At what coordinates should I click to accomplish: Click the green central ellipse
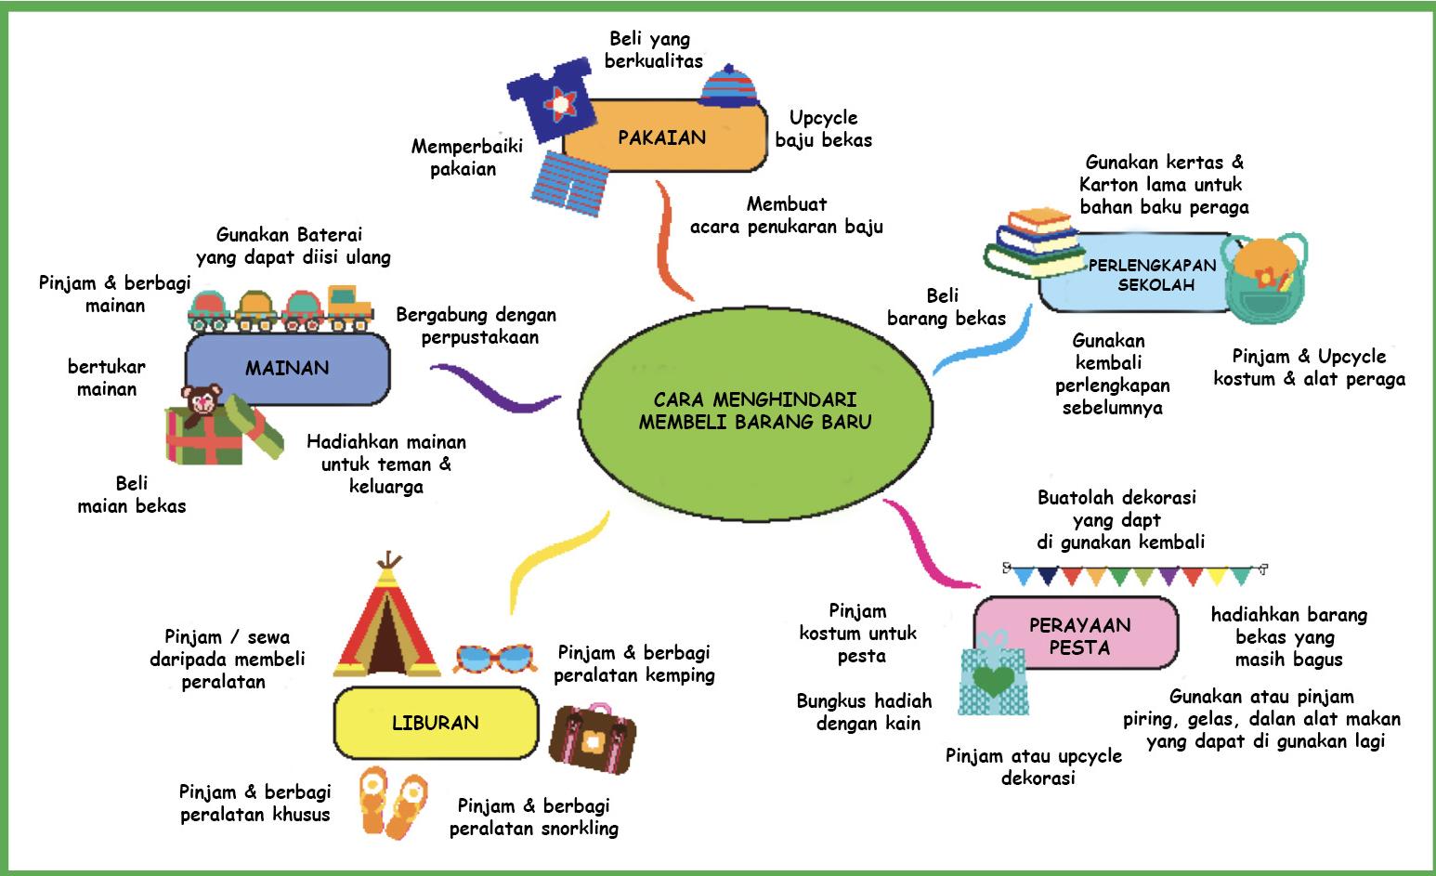[x=754, y=412]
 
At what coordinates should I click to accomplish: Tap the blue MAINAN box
[x=288, y=368]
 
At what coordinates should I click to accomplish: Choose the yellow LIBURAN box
[x=435, y=723]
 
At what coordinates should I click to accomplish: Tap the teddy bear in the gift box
[x=202, y=402]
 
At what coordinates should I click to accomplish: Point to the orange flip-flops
[x=394, y=801]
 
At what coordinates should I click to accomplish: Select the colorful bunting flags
[x=1135, y=573]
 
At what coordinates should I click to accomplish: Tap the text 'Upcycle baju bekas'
[x=824, y=129]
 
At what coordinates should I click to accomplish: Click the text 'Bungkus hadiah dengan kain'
[x=865, y=712]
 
